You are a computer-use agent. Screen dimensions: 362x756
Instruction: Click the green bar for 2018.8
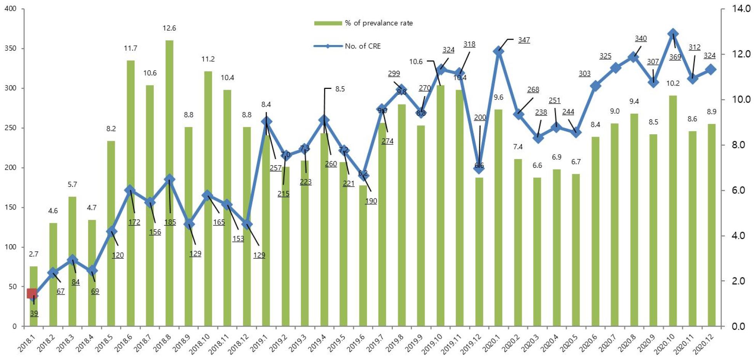point(169,183)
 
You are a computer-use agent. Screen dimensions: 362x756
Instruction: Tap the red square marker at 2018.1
point(32,293)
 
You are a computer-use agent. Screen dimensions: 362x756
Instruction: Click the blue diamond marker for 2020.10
point(673,34)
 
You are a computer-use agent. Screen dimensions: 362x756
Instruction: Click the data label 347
point(524,40)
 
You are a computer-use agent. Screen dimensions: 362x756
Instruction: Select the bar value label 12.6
point(169,28)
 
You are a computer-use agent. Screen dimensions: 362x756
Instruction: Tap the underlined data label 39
point(34,314)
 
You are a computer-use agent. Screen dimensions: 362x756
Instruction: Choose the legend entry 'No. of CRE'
point(362,46)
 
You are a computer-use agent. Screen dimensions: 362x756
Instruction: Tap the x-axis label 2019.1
point(259,342)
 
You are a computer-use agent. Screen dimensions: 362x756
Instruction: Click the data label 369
point(675,57)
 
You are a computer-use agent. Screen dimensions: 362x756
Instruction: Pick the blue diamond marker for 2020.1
point(499,51)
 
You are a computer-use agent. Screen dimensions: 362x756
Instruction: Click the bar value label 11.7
point(130,48)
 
